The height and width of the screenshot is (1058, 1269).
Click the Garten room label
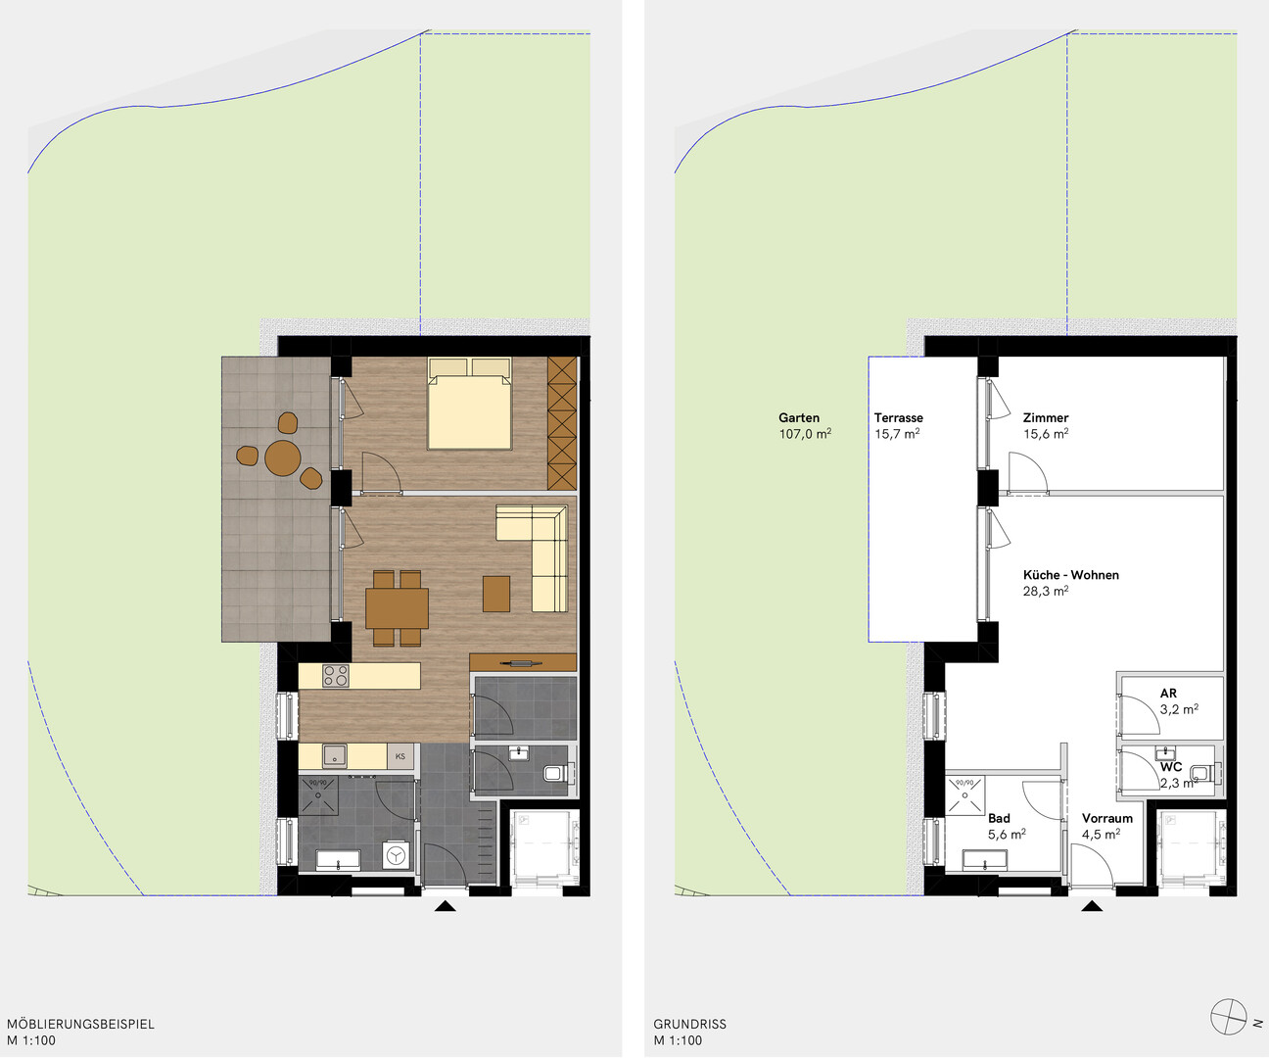(x=799, y=417)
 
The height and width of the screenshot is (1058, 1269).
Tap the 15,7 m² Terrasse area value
(x=897, y=434)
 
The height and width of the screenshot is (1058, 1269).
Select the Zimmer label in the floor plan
(x=1046, y=417)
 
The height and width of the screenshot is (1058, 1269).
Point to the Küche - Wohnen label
(x=1071, y=575)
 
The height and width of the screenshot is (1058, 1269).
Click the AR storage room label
(x=1168, y=693)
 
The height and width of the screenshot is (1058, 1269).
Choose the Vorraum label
(x=1106, y=818)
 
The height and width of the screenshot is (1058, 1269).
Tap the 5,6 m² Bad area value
(x=1007, y=835)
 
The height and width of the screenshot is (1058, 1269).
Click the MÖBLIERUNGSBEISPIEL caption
(x=81, y=1024)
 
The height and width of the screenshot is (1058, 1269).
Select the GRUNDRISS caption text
(x=689, y=1024)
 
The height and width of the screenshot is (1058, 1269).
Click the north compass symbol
(x=1229, y=1016)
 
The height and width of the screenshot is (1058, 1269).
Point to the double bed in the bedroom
(x=469, y=404)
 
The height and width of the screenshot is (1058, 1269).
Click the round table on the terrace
(x=283, y=457)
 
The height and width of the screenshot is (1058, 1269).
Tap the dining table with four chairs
(x=397, y=608)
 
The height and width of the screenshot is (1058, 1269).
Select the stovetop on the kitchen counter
(x=336, y=676)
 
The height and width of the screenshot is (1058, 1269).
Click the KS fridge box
(x=400, y=756)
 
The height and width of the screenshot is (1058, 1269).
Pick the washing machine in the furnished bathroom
(x=396, y=855)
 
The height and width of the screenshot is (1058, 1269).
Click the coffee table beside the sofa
(x=495, y=594)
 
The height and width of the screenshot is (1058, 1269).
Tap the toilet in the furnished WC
(x=555, y=773)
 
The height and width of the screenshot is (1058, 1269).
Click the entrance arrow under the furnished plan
(x=445, y=906)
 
